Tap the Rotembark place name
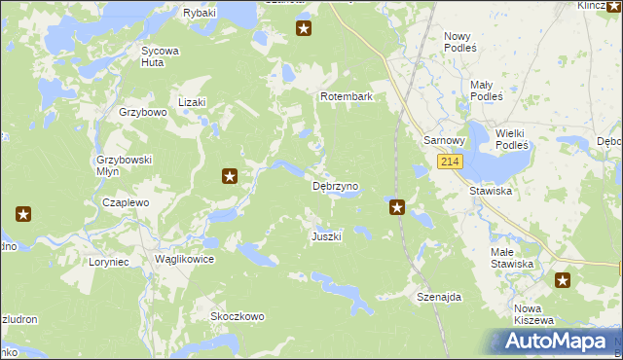(348, 97)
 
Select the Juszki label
(326, 236)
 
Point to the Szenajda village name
(438, 296)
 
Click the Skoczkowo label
(238, 316)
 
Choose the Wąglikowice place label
(184, 260)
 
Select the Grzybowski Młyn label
(122, 164)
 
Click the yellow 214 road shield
(449, 162)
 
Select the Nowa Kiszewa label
(533, 314)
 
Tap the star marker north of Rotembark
(304, 29)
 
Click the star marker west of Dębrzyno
(230, 176)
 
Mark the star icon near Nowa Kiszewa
(564, 281)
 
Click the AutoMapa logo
(556, 341)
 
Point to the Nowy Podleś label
(458, 41)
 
